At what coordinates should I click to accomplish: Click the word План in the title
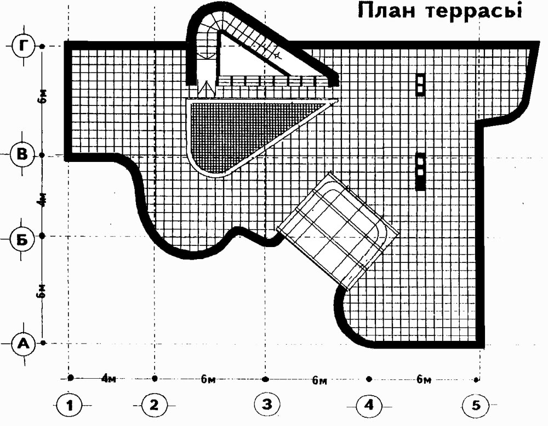(x=387, y=11)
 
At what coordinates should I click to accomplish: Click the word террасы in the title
(x=474, y=12)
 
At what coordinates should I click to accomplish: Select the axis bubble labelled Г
(x=24, y=46)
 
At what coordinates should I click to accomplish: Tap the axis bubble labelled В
(x=22, y=155)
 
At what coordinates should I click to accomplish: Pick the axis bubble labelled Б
(x=22, y=240)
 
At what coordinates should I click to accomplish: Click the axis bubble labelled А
(x=24, y=344)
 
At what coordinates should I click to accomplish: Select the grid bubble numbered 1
(x=70, y=405)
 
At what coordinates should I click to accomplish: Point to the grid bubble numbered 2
(x=154, y=405)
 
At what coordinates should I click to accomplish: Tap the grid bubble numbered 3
(x=266, y=404)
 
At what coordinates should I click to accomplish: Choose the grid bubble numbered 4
(x=369, y=406)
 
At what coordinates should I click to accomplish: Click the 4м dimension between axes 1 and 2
(x=109, y=379)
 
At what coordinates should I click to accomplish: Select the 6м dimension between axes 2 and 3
(x=208, y=379)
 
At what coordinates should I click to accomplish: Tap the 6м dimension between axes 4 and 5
(x=424, y=379)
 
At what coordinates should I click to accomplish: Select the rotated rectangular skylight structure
(x=338, y=231)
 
